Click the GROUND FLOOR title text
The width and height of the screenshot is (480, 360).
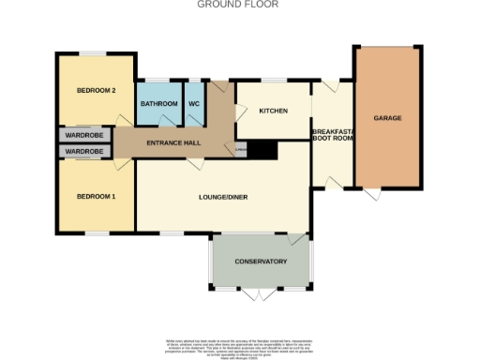point(237,5)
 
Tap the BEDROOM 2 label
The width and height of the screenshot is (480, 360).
point(96,90)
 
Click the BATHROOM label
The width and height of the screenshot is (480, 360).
point(159,103)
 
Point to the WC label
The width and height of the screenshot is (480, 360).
point(194,103)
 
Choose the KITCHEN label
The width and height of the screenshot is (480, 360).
point(273,111)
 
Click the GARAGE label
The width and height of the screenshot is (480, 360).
point(387,119)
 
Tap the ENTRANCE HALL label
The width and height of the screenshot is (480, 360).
point(172,143)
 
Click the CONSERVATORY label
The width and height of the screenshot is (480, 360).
point(260,261)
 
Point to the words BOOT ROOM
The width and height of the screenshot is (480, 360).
point(331,139)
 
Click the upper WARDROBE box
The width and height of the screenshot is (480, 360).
point(83,135)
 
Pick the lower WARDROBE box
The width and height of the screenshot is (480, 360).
point(83,151)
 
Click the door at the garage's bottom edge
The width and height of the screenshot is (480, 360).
point(373,194)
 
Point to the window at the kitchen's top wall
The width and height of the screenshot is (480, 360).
point(274,80)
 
